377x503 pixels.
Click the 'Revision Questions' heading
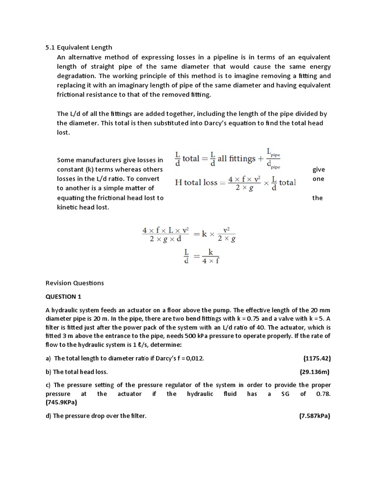click(75, 283)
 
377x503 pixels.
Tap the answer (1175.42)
click(317, 359)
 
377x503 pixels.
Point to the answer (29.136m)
click(315, 372)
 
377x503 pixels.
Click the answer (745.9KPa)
click(61, 402)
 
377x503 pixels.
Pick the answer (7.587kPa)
click(315, 416)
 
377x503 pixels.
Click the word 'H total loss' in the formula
click(196, 183)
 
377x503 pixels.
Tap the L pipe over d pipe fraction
click(272, 158)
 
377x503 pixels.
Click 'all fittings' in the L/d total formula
click(237, 159)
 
